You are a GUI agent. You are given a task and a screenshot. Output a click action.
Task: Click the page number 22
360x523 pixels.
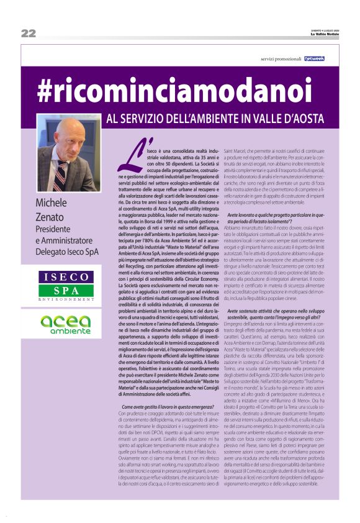click(28, 33)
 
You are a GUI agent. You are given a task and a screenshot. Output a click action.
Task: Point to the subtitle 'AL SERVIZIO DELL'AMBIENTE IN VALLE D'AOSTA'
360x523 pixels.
click(212, 117)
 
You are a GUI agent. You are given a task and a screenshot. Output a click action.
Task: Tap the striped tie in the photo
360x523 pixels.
click(61, 176)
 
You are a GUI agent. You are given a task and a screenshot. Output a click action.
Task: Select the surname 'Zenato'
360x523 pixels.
click(51, 217)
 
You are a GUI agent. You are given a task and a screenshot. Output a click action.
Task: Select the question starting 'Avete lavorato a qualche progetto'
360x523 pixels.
click(276, 216)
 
